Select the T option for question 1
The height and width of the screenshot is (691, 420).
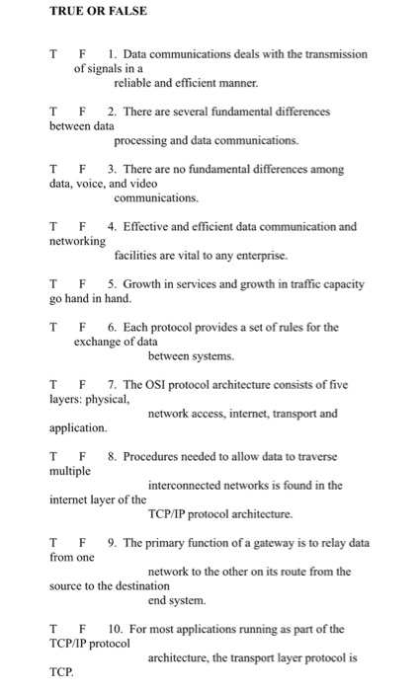pos(54,54)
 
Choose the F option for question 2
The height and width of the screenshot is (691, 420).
pos(84,113)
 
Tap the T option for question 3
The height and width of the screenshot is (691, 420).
pos(54,170)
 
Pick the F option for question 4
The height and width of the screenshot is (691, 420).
pos(84,227)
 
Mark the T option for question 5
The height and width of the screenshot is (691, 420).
pos(54,284)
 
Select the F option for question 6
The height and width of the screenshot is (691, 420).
pos(84,327)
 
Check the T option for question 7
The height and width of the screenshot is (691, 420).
pos(54,384)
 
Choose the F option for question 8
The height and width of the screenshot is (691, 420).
pos(84,456)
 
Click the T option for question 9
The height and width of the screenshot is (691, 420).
pos(54,542)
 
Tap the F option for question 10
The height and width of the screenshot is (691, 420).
pos(84,628)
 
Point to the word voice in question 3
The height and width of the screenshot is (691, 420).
pos(97,184)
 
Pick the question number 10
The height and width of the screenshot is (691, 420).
pos(116,628)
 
